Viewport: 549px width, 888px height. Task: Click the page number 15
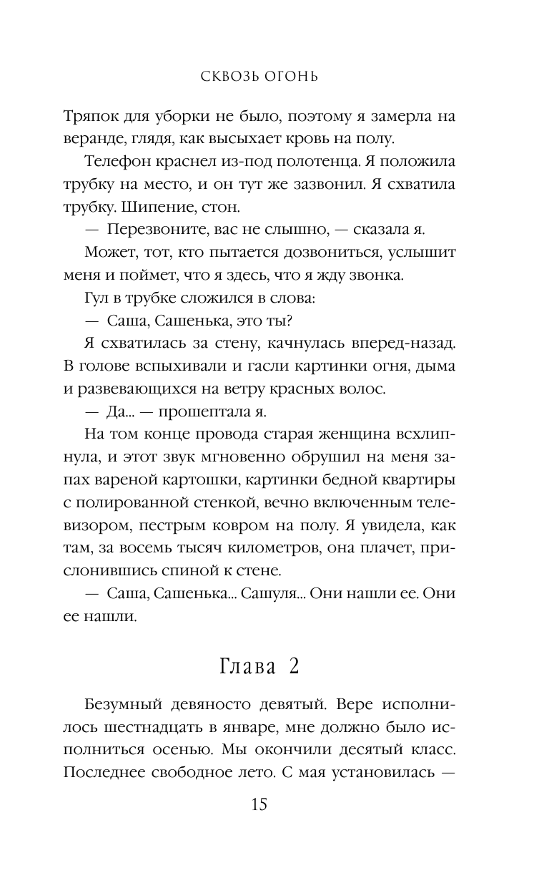(259, 805)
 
